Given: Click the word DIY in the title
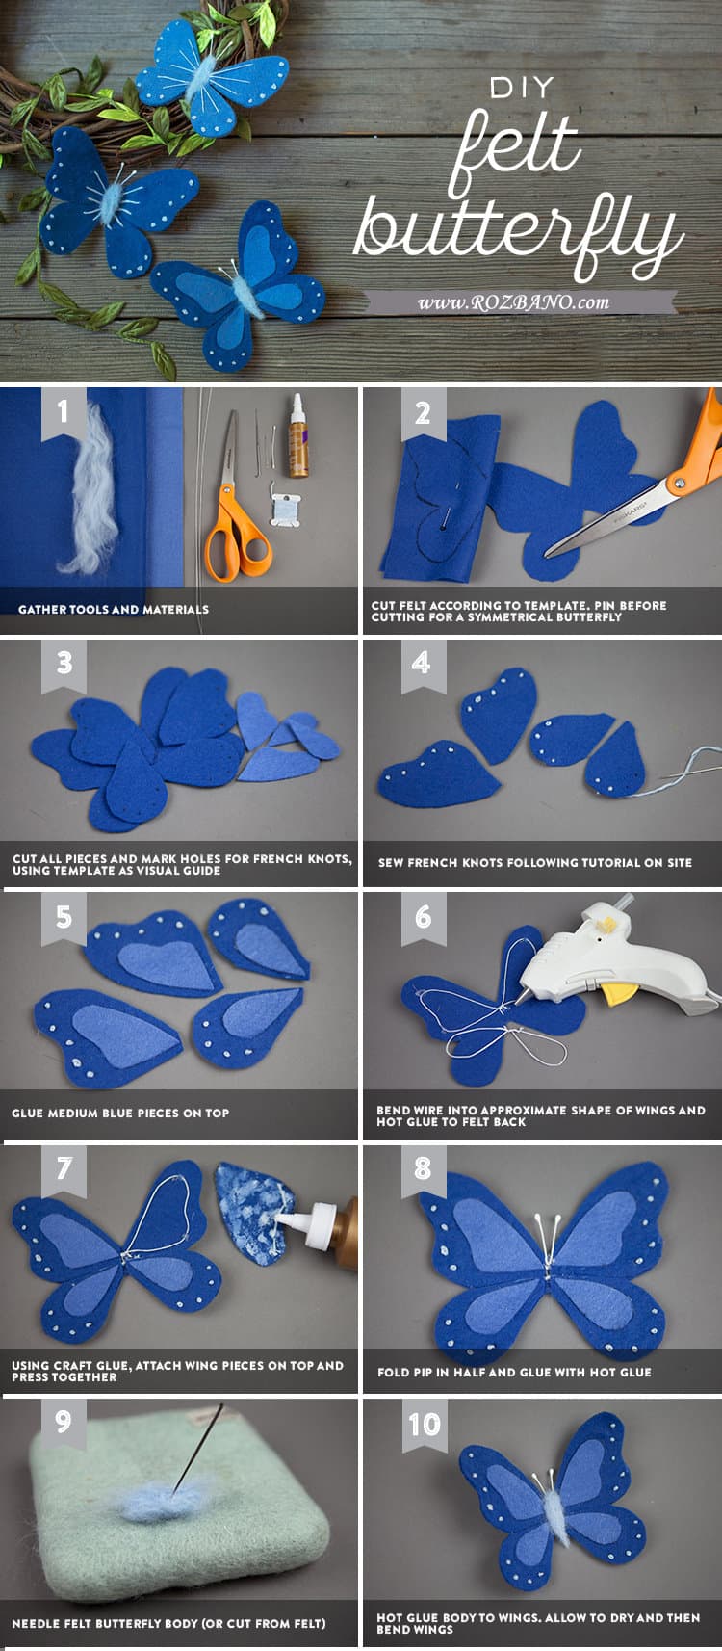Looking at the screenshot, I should (x=522, y=89).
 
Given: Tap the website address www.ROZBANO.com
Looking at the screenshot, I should (x=513, y=301).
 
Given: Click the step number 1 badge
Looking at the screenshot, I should (x=63, y=412).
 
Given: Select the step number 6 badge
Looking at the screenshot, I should (x=422, y=916).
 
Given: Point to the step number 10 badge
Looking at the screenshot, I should (x=424, y=1424).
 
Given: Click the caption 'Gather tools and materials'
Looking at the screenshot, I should (x=114, y=610).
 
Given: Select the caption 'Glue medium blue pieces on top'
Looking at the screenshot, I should (x=120, y=1114).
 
